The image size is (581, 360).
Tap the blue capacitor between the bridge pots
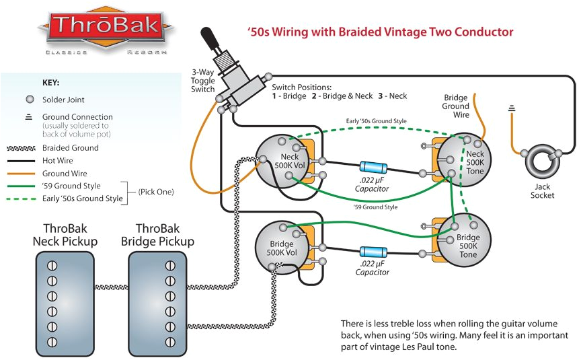[x=373, y=252]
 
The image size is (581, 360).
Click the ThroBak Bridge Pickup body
[x=156, y=296]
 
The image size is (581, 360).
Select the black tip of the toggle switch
[x=210, y=34]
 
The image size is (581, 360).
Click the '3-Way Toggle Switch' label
[x=203, y=80]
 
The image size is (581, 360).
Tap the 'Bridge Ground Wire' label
[x=455, y=106]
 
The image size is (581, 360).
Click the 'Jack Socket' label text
[x=542, y=191]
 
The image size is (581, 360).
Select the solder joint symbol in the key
[x=29, y=99]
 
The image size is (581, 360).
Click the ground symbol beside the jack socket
[x=512, y=108]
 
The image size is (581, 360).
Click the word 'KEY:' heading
[x=51, y=83]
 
